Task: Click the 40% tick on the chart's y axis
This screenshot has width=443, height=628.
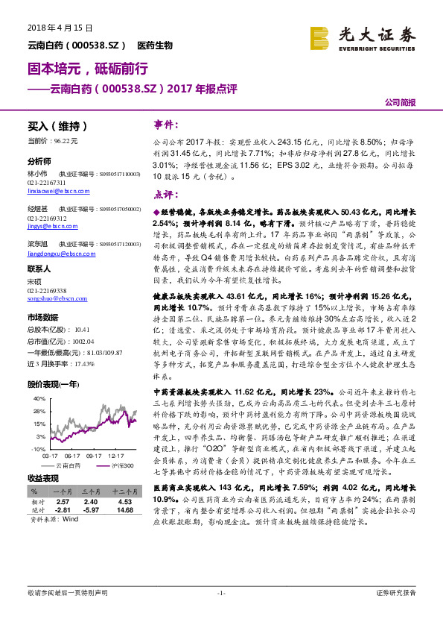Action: [x=39, y=399]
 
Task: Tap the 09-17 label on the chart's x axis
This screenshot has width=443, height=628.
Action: [x=94, y=454]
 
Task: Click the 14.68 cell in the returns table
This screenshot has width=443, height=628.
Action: [x=125, y=510]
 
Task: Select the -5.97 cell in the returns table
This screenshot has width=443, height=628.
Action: [x=91, y=510]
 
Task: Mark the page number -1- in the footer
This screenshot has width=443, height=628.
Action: [x=220, y=592]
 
